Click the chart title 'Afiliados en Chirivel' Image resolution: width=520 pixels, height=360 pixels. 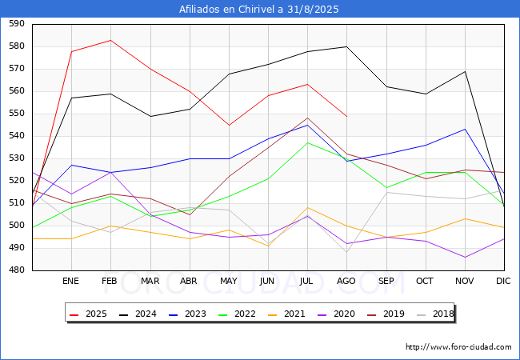[231, 9]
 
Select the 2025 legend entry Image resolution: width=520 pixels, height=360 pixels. [88, 314]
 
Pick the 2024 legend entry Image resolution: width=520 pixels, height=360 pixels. [138, 314]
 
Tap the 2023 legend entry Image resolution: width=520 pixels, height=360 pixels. [187, 314]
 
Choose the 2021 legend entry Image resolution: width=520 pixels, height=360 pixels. [286, 314]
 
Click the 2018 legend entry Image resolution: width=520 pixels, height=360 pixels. [435, 314]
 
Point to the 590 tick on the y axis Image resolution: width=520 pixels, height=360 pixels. [17, 23]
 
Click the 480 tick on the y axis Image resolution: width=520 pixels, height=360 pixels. [17, 270]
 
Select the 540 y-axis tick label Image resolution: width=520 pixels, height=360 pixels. [17, 135]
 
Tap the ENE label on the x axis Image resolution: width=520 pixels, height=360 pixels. [70, 281]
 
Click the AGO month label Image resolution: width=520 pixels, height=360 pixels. [346, 281]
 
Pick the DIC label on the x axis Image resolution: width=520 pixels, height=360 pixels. [503, 281]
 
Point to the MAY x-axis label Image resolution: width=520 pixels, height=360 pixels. [229, 281]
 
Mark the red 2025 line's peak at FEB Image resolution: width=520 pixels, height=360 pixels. [110, 41]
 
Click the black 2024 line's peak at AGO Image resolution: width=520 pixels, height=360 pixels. [347, 46]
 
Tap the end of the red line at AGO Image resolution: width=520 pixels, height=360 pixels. [347, 116]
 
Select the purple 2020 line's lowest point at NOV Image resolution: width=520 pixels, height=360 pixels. [466, 258]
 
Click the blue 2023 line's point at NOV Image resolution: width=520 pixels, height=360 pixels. [466, 129]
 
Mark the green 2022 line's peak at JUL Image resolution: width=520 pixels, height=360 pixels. [308, 142]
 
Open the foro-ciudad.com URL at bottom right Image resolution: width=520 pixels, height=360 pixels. [458, 346]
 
